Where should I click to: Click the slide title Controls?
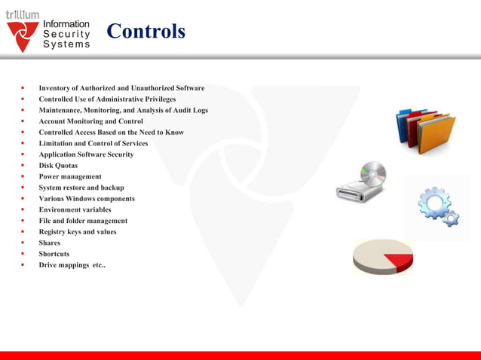click(x=146, y=32)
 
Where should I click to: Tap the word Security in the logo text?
click(x=66, y=34)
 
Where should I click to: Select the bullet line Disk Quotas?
click(x=58, y=166)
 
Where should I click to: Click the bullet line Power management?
click(x=70, y=176)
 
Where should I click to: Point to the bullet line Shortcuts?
click(x=54, y=254)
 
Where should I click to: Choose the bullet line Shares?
click(x=49, y=243)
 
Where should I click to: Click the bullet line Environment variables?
click(x=75, y=209)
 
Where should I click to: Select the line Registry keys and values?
click(x=78, y=232)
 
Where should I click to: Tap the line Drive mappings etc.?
click(x=72, y=265)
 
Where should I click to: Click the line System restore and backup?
click(x=81, y=188)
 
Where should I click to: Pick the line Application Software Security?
click(x=86, y=154)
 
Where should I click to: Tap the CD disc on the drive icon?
click(x=372, y=173)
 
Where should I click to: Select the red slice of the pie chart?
click(x=400, y=262)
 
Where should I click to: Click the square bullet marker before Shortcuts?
click(x=22, y=255)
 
